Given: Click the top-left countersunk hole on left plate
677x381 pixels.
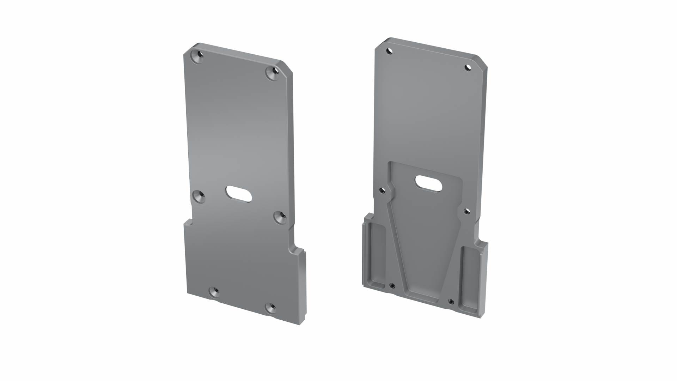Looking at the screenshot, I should click(198, 56).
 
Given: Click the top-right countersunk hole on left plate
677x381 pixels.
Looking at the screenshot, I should click(273, 74).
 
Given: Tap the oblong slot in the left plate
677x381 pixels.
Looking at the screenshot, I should click(239, 194).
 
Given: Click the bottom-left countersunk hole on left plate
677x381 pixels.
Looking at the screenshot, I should click(214, 292).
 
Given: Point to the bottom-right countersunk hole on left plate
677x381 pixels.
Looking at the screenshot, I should click(271, 308).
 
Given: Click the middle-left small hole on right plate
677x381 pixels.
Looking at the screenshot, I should click(382, 191).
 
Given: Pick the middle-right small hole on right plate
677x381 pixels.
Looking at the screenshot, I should click(467, 211).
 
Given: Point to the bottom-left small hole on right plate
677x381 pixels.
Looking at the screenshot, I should click(391, 285).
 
